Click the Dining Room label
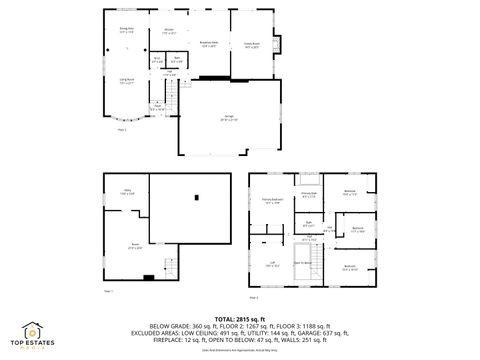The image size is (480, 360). [x=126, y=30]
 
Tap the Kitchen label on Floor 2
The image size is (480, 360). [x=169, y=31]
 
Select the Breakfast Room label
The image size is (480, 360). [x=209, y=44]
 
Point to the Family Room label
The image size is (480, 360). [x=252, y=44]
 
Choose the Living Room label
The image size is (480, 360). [x=128, y=81]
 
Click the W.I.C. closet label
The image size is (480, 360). [x=156, y=60]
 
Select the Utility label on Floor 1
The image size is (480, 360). [x=128, y=190]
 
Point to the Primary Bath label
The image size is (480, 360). [x=308, y=194]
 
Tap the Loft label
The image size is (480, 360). [x=272, y=264]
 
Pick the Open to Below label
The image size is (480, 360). [x=301, y=264]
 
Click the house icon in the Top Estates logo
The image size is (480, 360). [x=33, y=329]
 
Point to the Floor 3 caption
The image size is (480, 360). [x=253, y=297]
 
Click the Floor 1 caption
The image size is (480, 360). [x=109, y=291]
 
